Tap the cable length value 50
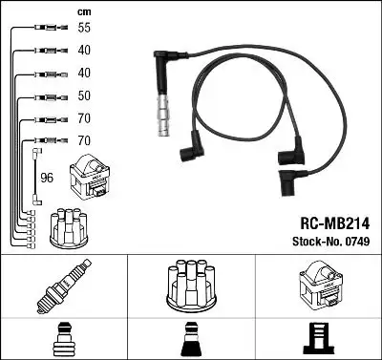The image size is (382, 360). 84,96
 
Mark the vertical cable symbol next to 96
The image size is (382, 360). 37,177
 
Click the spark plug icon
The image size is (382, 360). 63,287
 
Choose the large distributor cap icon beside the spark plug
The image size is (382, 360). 191,286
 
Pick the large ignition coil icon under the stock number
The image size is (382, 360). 317,286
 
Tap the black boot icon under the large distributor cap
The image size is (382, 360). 191,338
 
